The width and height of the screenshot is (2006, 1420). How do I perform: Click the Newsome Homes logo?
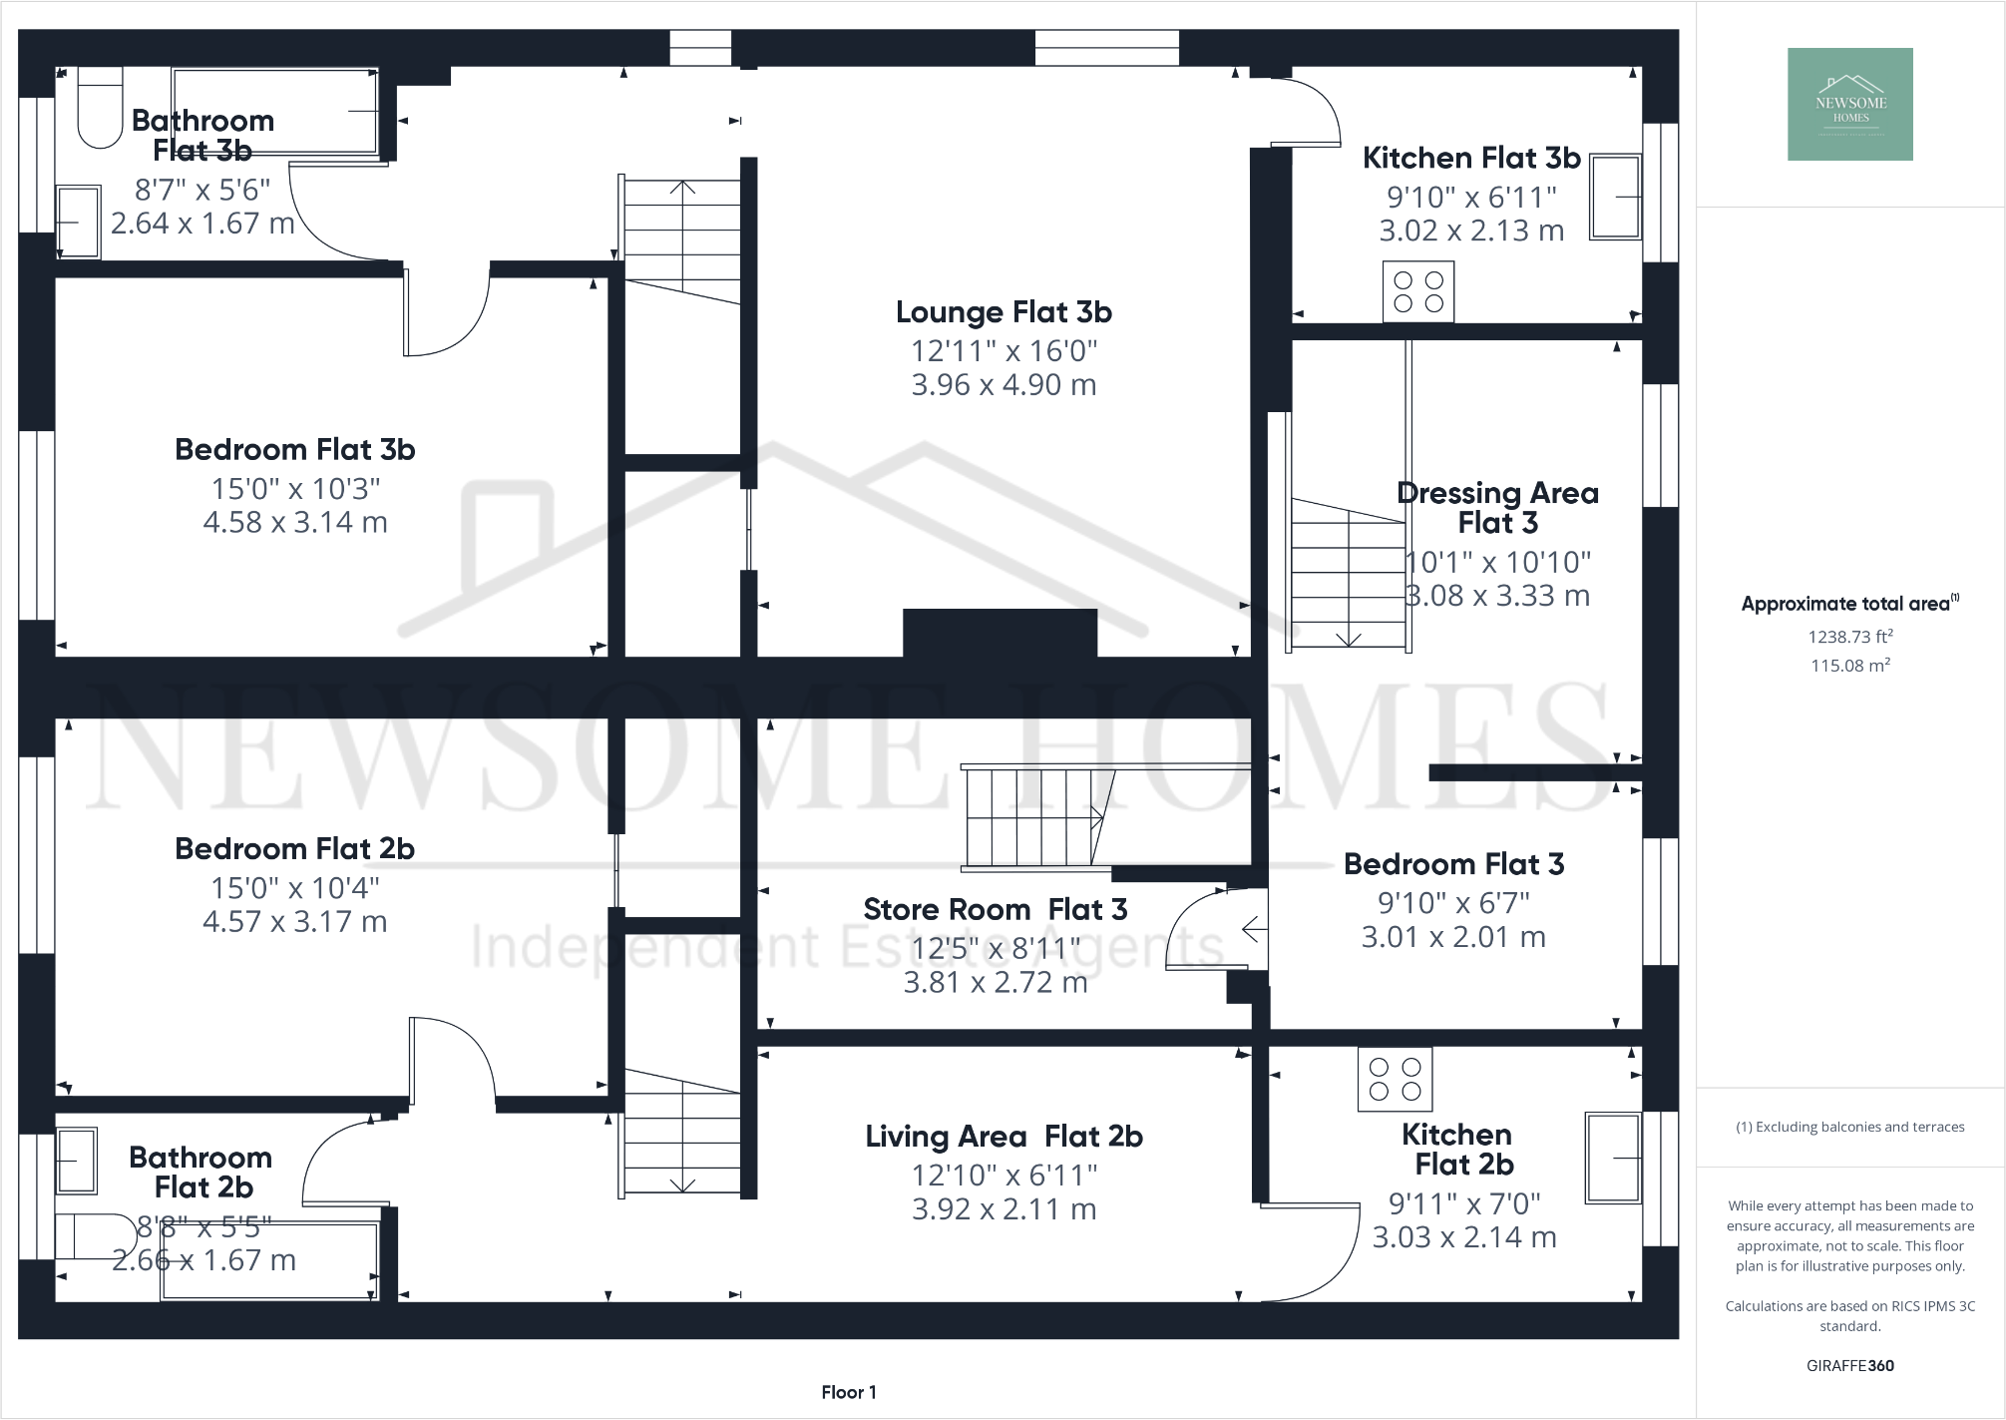click(x=1849, y=104)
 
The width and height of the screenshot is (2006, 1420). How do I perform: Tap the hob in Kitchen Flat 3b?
click(x=1417, y=291)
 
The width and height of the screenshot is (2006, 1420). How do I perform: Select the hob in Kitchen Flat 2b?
click(x=1394, y=1079)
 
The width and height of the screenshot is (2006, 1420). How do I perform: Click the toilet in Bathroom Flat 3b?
click(x=99, y=108)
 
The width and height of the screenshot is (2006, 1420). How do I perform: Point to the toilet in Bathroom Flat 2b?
click(x=95, y=1235)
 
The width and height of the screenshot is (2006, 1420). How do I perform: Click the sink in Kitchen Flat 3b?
click(x=1615, y=198)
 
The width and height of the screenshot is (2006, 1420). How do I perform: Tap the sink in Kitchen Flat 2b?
click(x=1613, y=1159)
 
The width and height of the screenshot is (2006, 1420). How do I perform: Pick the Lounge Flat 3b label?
click(x=1003, y=312)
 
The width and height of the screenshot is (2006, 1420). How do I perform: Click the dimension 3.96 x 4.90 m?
click(x=1003, y=385)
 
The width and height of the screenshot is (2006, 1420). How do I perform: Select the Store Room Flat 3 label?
click(x=995, y=909)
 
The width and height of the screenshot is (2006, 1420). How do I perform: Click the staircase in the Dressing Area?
click(x=1348, y=574)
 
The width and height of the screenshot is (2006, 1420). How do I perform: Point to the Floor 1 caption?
click(x=848, y=1392)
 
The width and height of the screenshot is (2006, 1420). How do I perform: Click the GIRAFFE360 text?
click(x=1849, y=1365)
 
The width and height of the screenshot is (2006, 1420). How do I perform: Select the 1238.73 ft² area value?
click(x=1849, y=637)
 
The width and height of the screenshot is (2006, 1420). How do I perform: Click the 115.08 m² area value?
click(x=1849, y=666)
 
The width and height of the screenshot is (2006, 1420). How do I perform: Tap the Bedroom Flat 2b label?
click(x=294, y=849)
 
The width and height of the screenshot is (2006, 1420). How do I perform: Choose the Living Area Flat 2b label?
click(x=1003, y=1137)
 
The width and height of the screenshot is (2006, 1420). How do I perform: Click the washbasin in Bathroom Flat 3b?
click(x=78, y=222)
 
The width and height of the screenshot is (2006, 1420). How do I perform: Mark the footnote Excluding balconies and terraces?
click(x=1849, y=1127)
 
